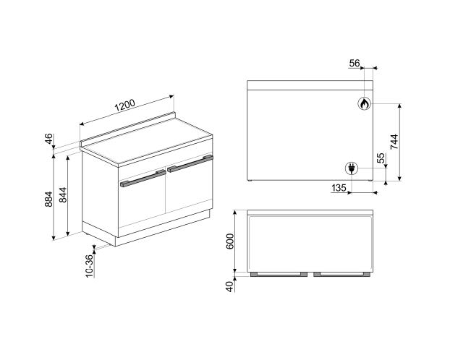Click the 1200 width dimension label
click(125, 106)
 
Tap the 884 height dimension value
click(48, 199)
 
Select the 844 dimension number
click(63, 194)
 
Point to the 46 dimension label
click(49, 139)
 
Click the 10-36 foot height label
click(90, 266)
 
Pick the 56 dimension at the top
click(355, 63)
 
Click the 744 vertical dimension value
click(394, 142)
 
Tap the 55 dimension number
click(381, 158)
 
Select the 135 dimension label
click(339, 188)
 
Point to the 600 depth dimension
click(230, 241)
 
